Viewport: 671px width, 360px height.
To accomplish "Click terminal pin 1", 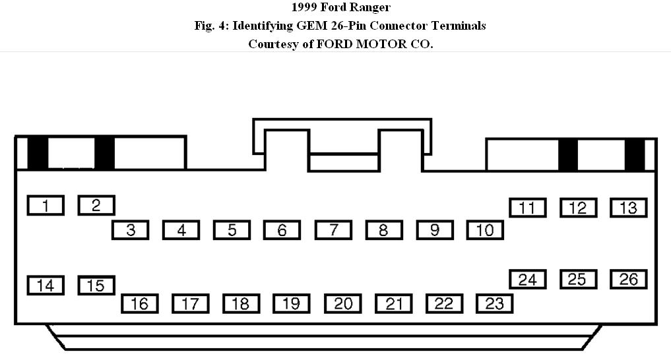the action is point(46,206).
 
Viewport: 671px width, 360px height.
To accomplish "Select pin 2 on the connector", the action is point(96,205).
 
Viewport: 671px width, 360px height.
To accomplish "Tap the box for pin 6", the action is point(282,229).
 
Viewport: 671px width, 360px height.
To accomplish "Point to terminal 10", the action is point(485,229).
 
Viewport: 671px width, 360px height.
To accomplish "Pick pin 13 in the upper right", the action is point(628,207).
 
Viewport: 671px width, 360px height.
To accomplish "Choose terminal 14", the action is point(46,285).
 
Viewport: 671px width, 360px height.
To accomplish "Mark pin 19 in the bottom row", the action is point(292,303).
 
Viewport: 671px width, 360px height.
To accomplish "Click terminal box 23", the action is point(494,303).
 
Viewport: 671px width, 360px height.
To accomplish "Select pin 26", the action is point(628,279).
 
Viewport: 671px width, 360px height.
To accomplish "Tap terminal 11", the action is point(527,207).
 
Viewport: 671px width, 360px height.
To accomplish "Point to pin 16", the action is point(139,303).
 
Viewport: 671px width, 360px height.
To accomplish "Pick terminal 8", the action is point(383,229).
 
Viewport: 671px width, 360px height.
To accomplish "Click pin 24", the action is point(527,279).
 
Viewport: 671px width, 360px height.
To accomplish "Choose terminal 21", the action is point(394,303).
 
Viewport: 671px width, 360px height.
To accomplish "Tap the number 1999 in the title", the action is point(305,8).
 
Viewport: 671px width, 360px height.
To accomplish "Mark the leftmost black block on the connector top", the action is point(38,153).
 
